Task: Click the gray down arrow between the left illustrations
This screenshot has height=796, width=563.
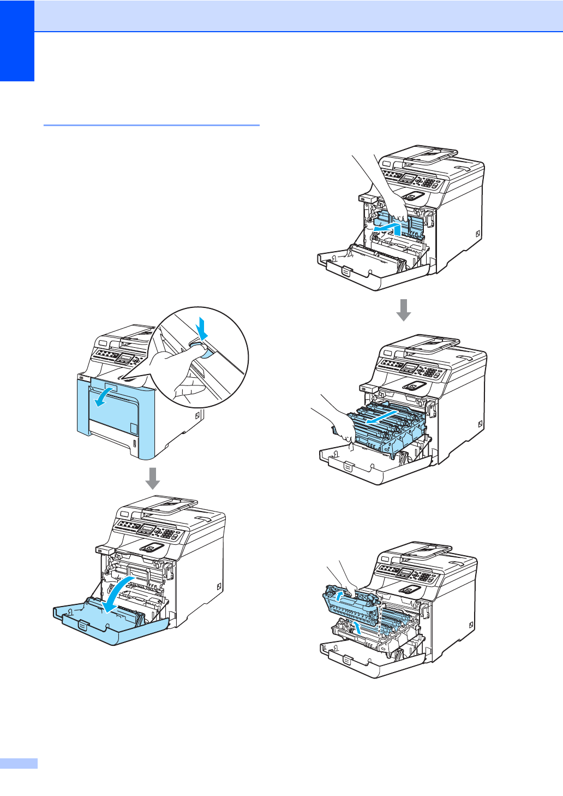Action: tap(153, 478)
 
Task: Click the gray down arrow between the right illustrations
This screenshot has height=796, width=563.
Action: tap(403, 310)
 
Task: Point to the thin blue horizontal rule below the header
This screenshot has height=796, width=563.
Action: tap(151, 125)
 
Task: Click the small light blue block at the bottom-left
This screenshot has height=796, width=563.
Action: tap(19, 763)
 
